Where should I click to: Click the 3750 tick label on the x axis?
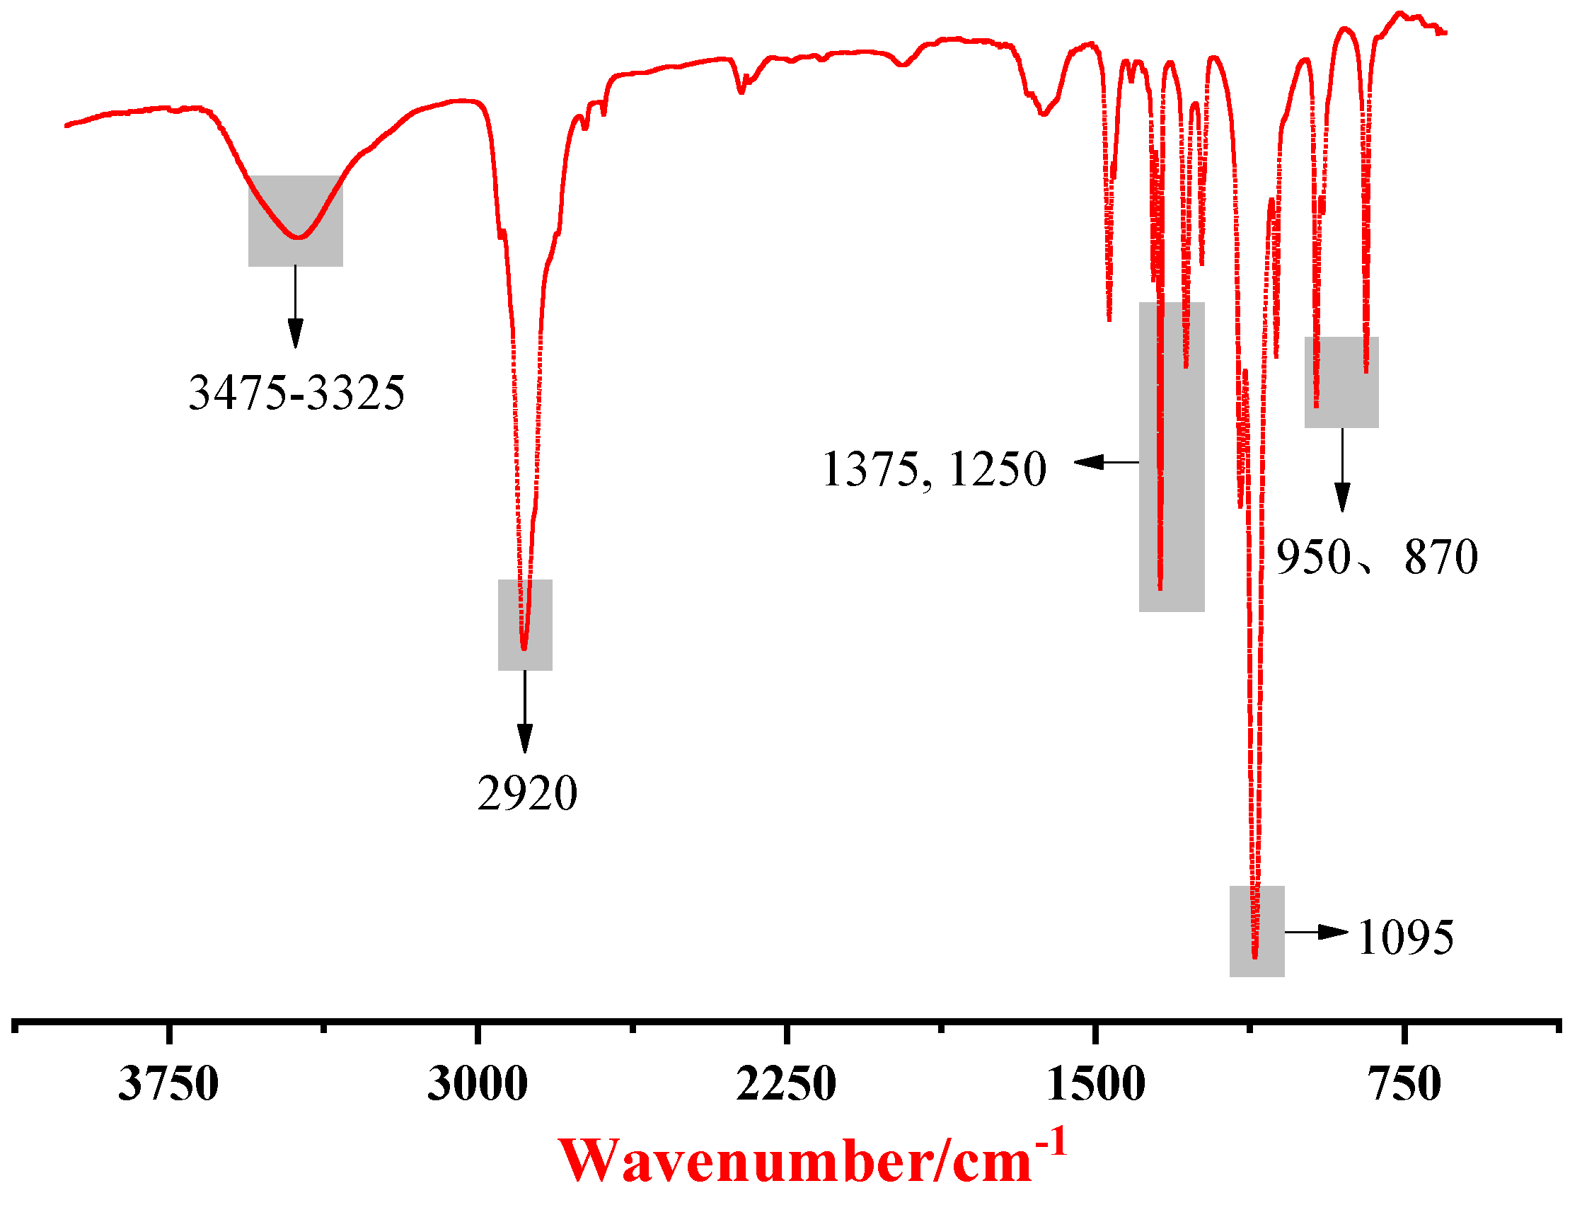tap(168, 1084)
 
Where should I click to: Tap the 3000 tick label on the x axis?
tap(478, 1084)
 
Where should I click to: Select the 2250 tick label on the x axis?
tap(787, 1084)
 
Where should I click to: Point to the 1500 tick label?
tap(1096, 1084)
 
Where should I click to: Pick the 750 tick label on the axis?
tap(1405, 1084)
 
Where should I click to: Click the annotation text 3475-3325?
tap(297, 393)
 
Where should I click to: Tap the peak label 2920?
tap(527, 794)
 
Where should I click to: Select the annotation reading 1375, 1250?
tap(934, 470)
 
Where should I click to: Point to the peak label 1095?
tap(1406, 938)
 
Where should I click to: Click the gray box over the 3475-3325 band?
tap(296, 221)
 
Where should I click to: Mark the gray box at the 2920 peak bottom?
tap(525, 625)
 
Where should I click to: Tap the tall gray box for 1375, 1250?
tap(1172, 457)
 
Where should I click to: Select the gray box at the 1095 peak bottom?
tap(1257, 931)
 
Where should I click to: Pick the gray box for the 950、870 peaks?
tap(1341, 382)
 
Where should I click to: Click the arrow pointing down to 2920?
tap(525, 711)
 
